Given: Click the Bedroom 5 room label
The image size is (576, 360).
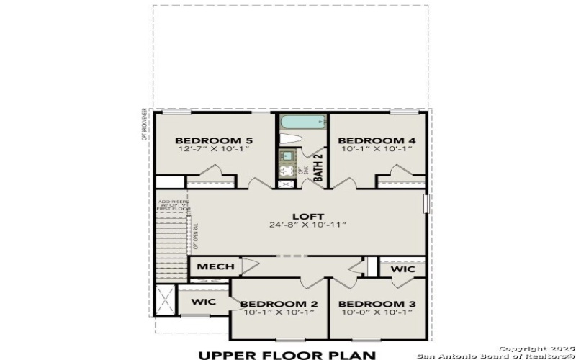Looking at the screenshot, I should pyautogui.click(x=214, y=140).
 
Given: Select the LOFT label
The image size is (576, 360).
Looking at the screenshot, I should pyautogui.click(x=307, y=216).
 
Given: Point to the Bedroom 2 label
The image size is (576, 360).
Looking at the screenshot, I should pyautogui.click(x=279, y=304).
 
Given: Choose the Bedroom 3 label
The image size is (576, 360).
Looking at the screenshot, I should pyautogui.click(x=377, y=304).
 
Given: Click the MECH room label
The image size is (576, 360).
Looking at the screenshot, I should pyautogui.click(x=215, y=267).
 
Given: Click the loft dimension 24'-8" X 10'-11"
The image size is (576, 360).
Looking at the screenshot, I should pyautogui.click(x=307, y=225).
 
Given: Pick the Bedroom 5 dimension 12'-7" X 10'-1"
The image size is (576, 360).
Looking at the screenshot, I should pyautogui.click(x=214, y=149).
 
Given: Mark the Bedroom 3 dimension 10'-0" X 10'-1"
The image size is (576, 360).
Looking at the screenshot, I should pyautogui.click(x=377, y=312).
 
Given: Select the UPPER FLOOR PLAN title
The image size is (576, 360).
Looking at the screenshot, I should pyautogui.click(x=287, y=354).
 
